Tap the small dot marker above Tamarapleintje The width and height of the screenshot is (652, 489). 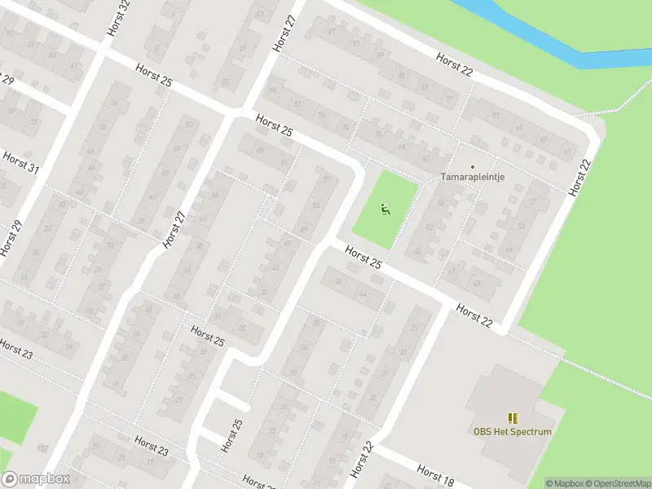click(472, 166)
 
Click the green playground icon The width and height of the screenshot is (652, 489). click(385, 209)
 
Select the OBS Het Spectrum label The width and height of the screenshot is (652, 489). click(513, 432)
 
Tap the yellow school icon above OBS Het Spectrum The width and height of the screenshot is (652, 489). click(513, 417)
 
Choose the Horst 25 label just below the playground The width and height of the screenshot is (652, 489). click(363, 258)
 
